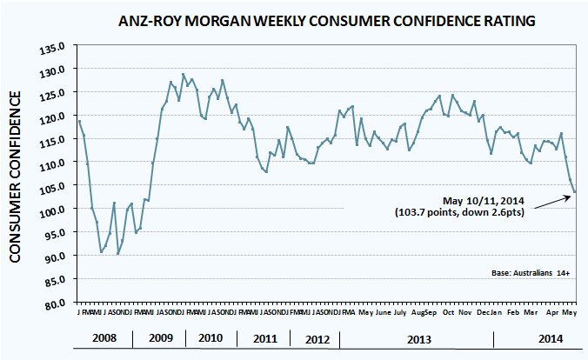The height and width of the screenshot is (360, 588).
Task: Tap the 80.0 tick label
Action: tap(57, 304)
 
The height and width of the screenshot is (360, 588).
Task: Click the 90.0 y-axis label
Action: tap(57, 257)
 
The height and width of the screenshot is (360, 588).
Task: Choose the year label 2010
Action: tap(210, 338)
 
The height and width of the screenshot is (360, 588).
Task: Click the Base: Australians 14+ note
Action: tap(530, 273)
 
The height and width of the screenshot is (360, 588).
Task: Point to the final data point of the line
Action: tap(574, 192)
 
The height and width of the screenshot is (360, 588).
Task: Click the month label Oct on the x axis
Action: tap(448, 312)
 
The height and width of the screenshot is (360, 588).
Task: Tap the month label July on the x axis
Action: tap(400, 312)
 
